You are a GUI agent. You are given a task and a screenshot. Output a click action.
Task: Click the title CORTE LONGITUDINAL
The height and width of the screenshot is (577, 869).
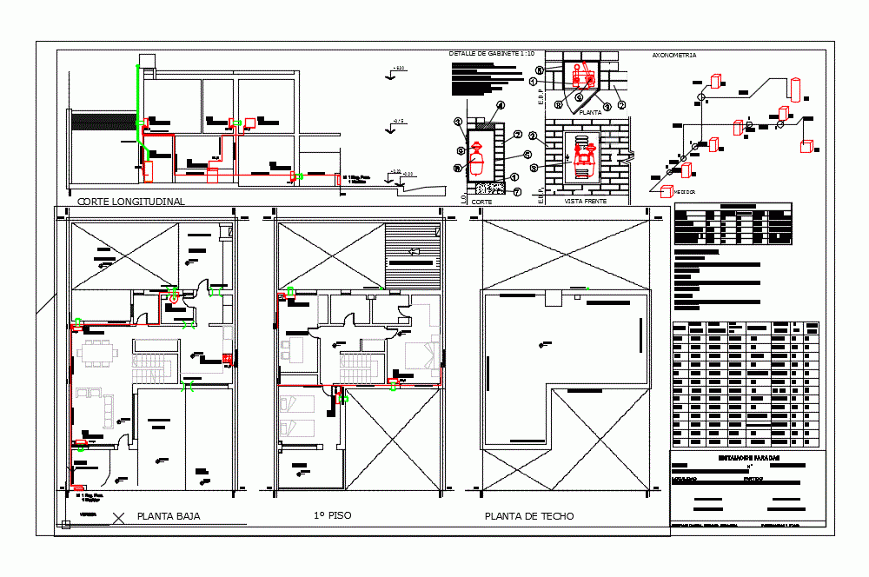tap(131, 202)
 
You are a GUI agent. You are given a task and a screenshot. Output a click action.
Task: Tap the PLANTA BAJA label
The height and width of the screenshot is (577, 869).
tap(169, 516)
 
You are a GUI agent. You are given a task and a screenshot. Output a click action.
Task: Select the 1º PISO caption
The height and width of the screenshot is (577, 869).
tap(333, 515)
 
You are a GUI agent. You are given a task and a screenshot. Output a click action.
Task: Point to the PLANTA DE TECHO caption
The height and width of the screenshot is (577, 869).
tap(529, 516)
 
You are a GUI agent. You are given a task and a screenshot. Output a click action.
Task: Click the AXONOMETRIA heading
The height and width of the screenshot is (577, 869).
tap(673, 55)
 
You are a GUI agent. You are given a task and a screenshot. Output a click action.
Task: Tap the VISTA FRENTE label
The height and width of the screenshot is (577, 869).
tap(585, 201)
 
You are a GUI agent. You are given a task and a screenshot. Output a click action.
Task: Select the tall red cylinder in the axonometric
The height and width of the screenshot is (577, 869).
tap(794, 89)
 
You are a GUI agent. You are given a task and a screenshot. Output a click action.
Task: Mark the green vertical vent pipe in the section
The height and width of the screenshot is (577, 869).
tap(137, 104)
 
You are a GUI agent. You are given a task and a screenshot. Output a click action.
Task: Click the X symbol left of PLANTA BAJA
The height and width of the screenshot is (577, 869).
tap(120, 517)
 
